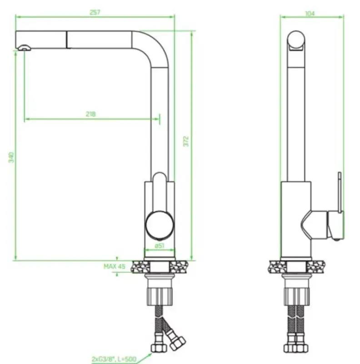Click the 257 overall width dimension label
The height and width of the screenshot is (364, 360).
tap(95, 12)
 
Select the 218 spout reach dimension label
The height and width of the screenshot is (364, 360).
tap(90, 114)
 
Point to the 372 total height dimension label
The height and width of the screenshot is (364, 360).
tap(185, 142)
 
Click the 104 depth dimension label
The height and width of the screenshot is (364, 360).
tap(310, 13)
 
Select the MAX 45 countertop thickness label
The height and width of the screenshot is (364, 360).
tap(114, 267)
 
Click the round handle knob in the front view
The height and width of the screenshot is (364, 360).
tap(159, 224)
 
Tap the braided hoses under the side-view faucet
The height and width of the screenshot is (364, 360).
tap(298, 325)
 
